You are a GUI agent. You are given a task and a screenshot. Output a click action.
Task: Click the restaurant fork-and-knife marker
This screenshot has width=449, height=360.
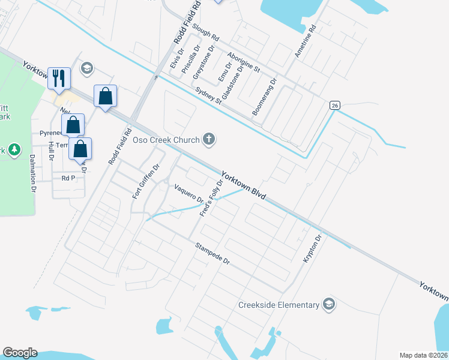[59, 79]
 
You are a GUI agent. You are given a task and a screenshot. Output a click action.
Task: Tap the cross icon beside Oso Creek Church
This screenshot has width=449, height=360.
[209, 140]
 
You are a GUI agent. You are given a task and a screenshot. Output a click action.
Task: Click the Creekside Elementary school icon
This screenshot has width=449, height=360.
[328, 304]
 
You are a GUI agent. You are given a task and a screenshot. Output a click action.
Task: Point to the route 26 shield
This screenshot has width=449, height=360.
[335, 105]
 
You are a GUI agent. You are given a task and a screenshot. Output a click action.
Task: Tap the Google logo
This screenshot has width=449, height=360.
[20, 353]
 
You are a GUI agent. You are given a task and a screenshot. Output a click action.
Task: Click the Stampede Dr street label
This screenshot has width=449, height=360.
[213, 253]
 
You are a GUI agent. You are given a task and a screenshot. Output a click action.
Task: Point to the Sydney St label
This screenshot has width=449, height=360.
[209, 95]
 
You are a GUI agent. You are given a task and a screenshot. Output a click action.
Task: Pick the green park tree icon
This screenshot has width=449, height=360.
[14, 149]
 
